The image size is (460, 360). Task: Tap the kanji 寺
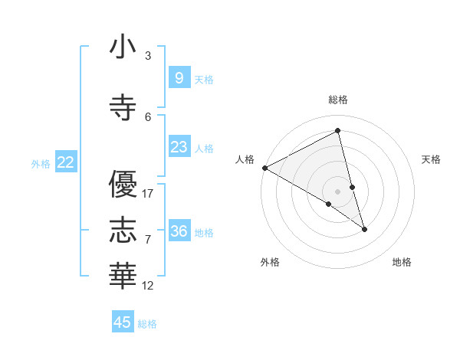click(123, 107)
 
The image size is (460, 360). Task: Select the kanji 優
click(123, 185)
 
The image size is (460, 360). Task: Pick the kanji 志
click(123, 229)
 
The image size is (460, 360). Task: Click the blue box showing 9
click(179, 77)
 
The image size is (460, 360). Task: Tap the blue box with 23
click(179, 147)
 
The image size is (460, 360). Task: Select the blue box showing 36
click(179, 231)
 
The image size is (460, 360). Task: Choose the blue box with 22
click(66, 162)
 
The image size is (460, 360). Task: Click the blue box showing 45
click(123, 322)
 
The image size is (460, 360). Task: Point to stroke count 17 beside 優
click(149, 194)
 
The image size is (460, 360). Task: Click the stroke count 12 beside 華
click(149, 286)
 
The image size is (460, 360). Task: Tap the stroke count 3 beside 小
click(148, 55)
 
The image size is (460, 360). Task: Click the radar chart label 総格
click(338, 100)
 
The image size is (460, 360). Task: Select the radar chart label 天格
click(431, 159)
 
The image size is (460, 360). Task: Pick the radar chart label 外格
click(270, 262)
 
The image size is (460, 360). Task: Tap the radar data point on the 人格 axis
click(264, 168)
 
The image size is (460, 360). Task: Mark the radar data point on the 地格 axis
click(364, 229)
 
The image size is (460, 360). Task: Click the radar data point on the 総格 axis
click(338, 132)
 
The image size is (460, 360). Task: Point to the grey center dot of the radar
click(338, 191)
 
